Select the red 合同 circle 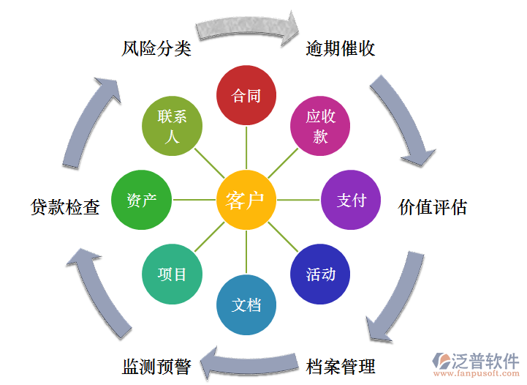(246, 96)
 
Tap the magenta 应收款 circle (320, 127)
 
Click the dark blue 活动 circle (321, 274)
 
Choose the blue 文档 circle (246, 305)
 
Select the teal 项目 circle (172, 274)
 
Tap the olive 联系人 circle (172, 127)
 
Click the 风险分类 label (156, 49)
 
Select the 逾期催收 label (341, 49)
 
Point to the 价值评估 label (433, 207)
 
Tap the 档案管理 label (341, 365)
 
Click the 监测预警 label (156, 365)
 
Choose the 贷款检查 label (65, 207)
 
